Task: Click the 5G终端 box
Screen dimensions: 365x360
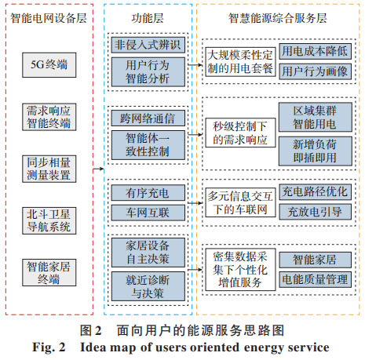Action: (49, 65)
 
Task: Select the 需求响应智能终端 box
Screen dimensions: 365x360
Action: (49, 117)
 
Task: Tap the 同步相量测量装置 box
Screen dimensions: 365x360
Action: (49, 169)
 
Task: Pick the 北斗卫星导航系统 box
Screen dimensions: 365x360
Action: (49, 220)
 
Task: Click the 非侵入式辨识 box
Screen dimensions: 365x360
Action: (148, 45)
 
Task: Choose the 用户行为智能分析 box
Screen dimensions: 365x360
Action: (148, 72)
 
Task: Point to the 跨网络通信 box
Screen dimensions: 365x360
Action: (148, 118)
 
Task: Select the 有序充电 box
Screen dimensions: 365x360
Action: (148, 193)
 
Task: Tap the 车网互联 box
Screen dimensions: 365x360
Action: (148, 213)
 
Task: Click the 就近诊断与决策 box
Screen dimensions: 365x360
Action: (148, 286)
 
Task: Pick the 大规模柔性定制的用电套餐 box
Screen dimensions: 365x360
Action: (240, 62)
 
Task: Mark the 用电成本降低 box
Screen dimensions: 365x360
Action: (315, 51)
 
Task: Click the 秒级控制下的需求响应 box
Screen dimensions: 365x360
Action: (240, 133)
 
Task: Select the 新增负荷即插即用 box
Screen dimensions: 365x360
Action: (316, 151)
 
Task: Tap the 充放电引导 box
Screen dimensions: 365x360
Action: (315, 212)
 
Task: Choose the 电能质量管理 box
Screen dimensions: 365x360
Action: (315, 279)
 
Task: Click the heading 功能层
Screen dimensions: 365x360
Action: (148, 18)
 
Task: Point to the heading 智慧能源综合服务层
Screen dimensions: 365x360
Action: (278, 18)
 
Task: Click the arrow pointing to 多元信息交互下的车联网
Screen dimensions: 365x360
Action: (195, 203)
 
